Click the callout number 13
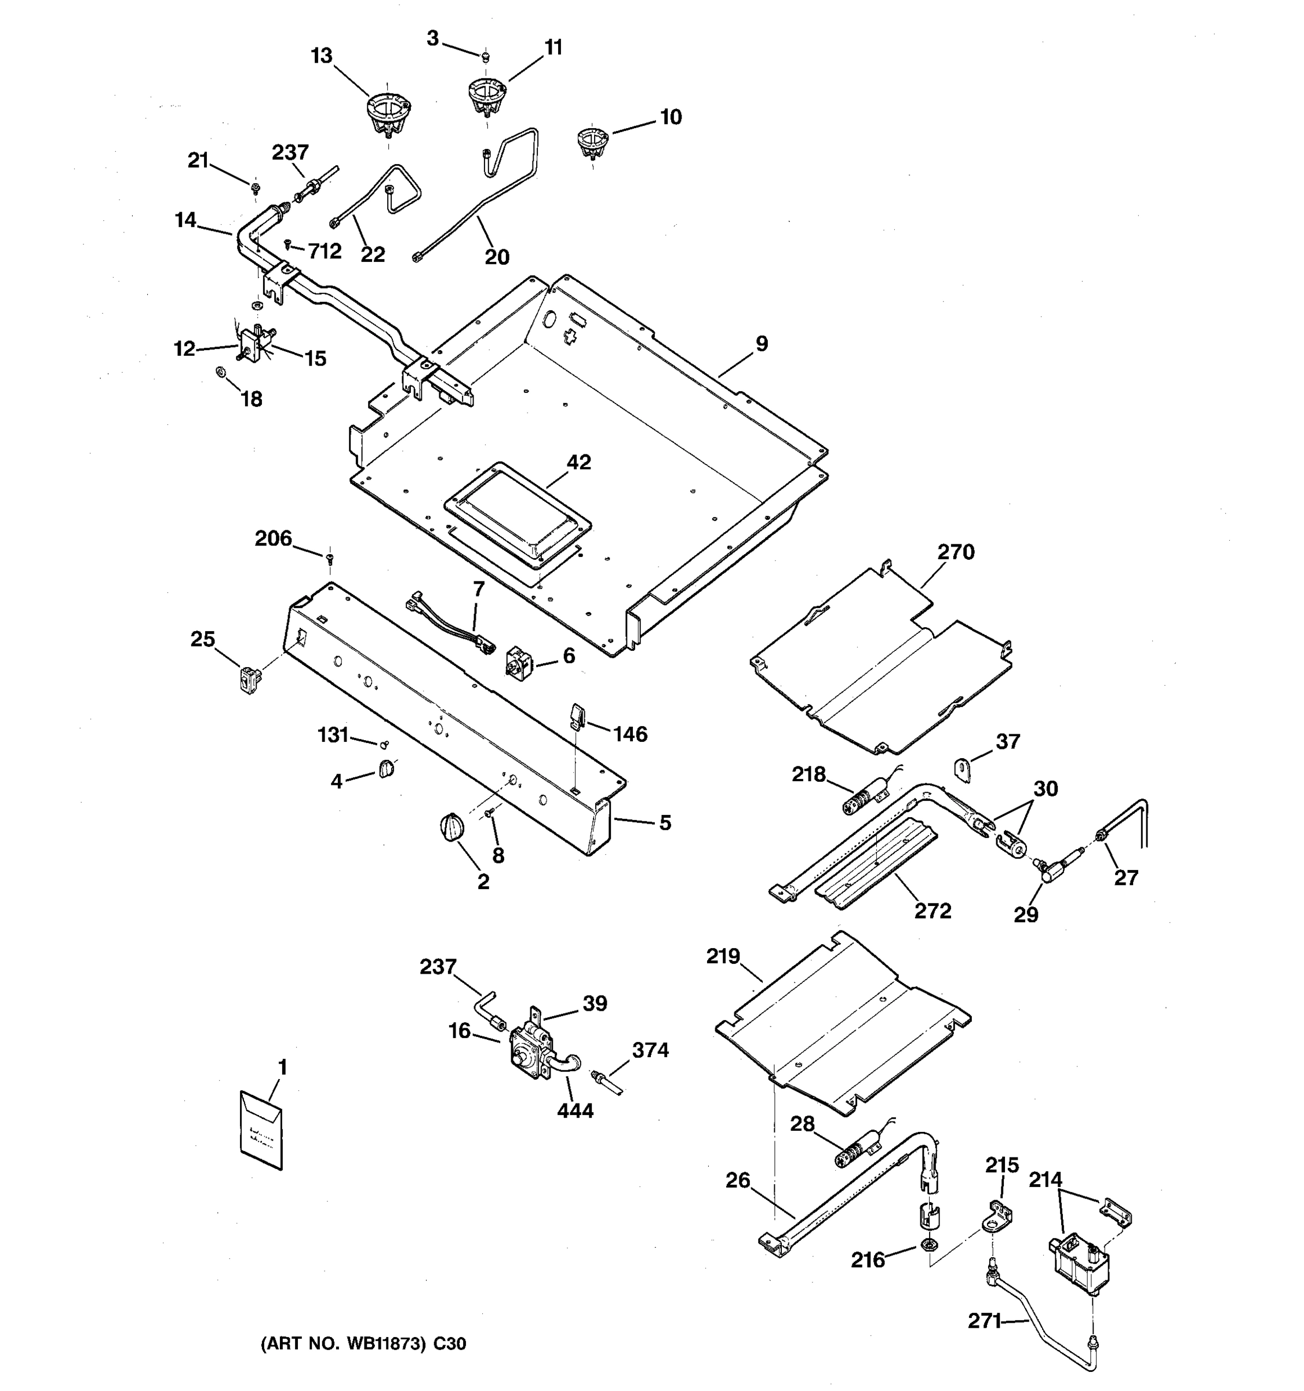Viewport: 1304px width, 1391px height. point(322,56)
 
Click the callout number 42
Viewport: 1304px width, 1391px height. point(578,463)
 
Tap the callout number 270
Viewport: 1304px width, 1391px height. point(956,552)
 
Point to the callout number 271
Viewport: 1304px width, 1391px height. point(984,1321)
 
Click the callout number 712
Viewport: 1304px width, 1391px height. point(325,250)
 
